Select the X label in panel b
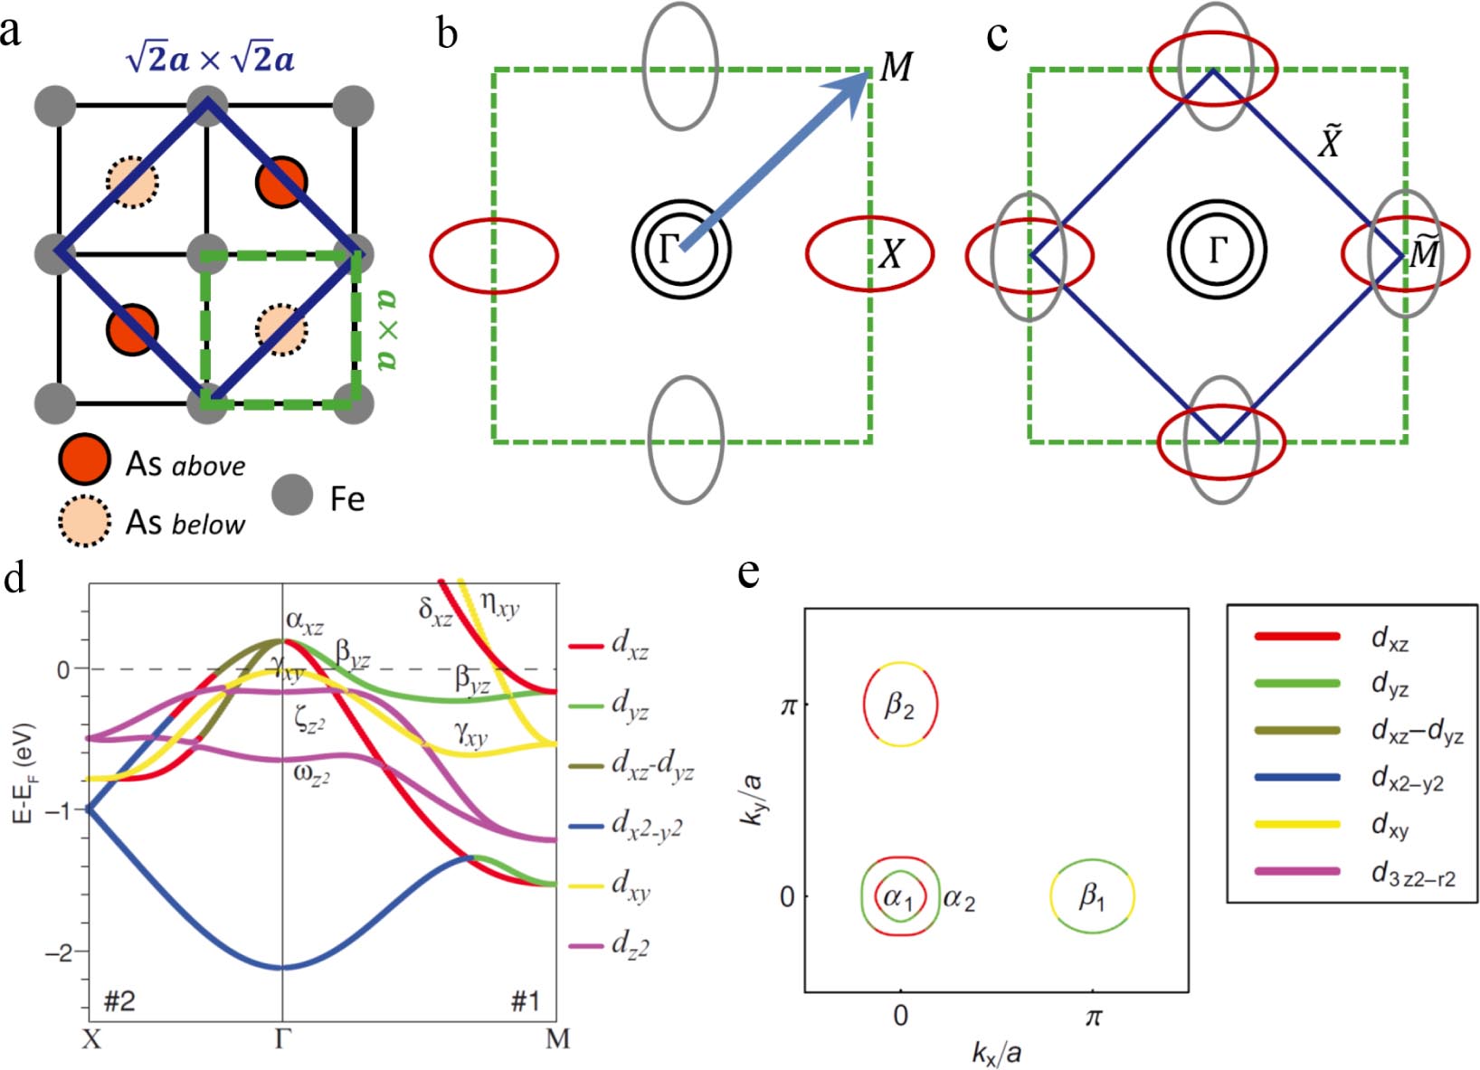click(x=892, y=255)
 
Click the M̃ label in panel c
click(x=1424, y=254)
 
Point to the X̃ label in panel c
click(x=1329, y=142)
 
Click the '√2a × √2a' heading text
click(x=210, y=60)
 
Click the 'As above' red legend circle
click(x=84, y=459)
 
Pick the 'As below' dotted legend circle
click(x=84, y=521)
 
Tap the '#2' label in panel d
click(x=119, y=1001)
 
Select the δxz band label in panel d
click(x=435, y=611)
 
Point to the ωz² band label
click(x=311, y=773)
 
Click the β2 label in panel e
click(x=899, y=705)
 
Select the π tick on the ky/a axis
click(x=787, y=705)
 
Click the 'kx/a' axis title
click(x=996, y=1052)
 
